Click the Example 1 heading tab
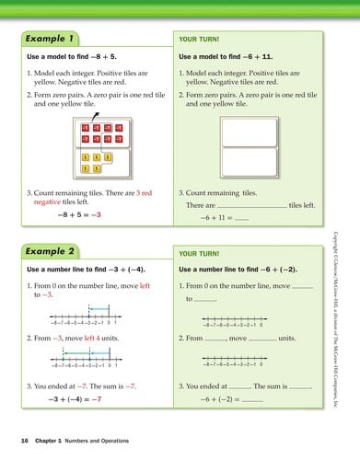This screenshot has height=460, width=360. click(x=49, y=40)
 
